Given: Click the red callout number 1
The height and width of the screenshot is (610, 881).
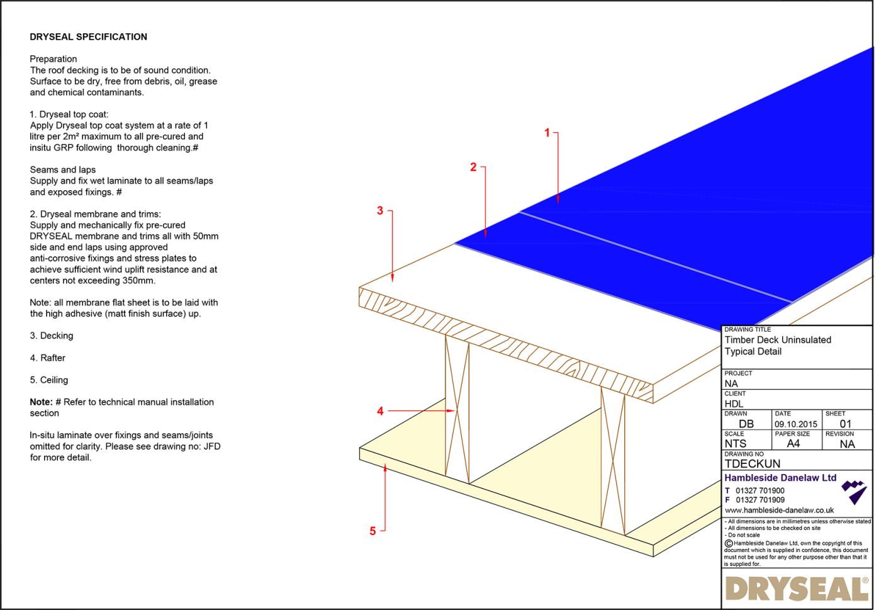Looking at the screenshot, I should click(547, 133).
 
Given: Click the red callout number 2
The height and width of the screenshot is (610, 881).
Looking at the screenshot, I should click(473, 167).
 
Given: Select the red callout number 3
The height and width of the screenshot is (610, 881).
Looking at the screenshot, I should click(380, 211).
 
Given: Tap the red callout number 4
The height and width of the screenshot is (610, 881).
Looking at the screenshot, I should click(380, 411).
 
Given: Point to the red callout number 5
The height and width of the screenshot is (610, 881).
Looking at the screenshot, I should click(373, 531).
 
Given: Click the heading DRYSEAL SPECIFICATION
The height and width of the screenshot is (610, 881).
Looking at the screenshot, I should click(88, 37).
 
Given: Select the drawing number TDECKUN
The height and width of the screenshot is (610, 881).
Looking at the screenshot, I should click(752, 464).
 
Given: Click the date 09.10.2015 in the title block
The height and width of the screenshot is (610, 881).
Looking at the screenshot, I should click(795, 424).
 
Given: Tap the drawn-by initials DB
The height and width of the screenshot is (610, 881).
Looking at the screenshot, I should click(746, 424).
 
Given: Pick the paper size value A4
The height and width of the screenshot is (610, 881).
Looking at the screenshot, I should click(794, 444).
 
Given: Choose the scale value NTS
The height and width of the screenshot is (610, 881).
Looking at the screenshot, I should click(735, 444).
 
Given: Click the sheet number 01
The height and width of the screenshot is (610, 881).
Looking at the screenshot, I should click(845, 424).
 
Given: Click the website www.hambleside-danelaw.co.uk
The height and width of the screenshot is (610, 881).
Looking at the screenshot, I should click(779, 511).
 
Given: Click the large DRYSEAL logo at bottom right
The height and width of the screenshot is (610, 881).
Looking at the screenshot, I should click(796, 589).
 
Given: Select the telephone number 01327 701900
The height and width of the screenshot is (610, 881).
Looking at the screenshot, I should click(760, 491).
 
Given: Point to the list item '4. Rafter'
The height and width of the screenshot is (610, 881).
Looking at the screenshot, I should click(48, 358).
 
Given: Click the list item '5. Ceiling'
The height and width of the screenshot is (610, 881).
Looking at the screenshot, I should click(49, 380).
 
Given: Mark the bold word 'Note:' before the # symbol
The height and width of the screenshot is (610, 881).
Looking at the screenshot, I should click(41, 402).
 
